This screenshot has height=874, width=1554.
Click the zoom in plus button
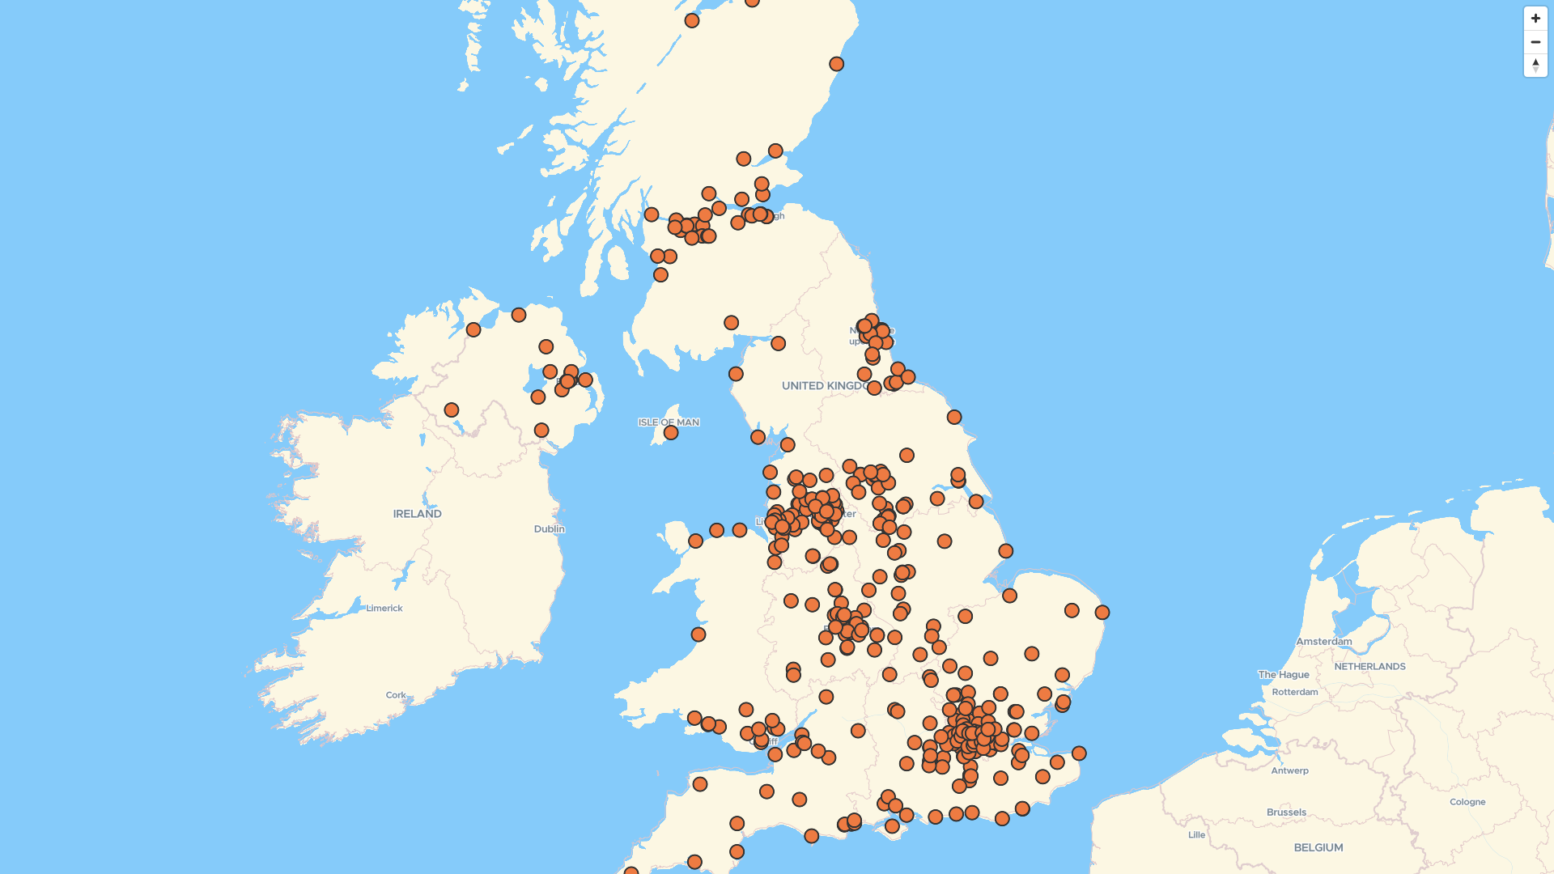coord(1535,19)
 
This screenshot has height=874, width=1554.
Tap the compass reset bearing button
coord(1535,66)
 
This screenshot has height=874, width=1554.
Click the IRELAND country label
coord(417,514)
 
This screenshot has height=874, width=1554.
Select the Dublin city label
coord(549,529)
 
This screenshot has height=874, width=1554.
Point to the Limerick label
coord(384,609)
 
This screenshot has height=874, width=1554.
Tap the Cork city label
coord(396,695)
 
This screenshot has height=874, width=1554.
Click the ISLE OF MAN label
coord(668,422)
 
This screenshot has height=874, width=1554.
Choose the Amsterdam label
coord(1323,642)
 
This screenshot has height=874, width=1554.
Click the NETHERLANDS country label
coord(1369,667)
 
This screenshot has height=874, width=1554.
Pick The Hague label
coord(1283,675)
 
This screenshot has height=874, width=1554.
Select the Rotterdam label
coord(1294,692)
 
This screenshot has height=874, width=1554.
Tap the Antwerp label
coord(1289,771)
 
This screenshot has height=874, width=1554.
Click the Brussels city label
coord(1286,812)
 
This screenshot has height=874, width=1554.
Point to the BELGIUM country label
coord(1318,848)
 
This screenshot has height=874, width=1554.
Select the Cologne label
coord(1467,802)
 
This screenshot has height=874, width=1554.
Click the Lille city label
coord(1196,835)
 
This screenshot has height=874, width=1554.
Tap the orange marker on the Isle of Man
coord(670,433)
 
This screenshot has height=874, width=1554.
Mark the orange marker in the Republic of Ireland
coord(451,410)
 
